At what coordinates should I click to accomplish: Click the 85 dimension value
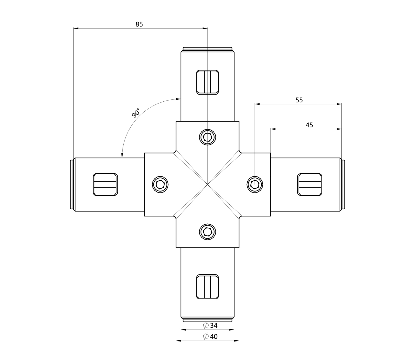pos(139,24)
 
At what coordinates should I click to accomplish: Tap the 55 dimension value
pos(299,100)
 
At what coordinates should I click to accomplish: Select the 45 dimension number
pos(309,125)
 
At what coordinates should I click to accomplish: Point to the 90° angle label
pos(136,113)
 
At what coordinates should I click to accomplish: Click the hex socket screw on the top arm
pos(207,137)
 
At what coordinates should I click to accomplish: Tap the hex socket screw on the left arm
pos(160,184)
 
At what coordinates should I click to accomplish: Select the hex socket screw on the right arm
pos(255,184)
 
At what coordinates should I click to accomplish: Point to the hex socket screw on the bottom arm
pos(207,232)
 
